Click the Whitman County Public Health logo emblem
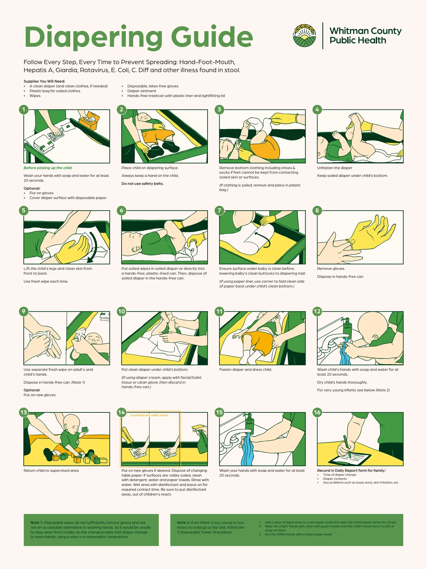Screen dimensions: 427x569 click(x=305, y=36)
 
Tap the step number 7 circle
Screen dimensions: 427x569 click(x=219, y=211)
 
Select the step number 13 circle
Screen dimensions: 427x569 click(x=24, y=412)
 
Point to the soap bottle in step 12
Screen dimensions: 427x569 click(x=347, y=326)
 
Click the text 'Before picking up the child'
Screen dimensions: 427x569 click(x=48, y=168)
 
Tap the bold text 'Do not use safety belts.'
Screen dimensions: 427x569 click(x=143, y=184)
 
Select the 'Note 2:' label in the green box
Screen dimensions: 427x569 click(x=183, y=523)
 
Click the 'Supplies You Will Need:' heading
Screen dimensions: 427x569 click(x=44, y=81)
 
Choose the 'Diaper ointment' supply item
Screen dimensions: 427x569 click(x=142, y=91)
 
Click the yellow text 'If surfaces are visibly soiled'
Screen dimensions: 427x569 click(x=149, y=415)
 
